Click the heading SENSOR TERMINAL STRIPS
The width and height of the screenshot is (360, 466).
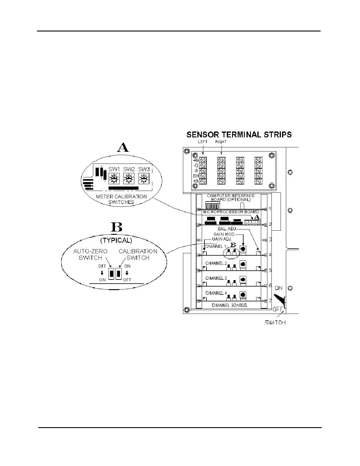click(x=239, y=135)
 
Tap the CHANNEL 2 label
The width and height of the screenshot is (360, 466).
click(x=216, y=263)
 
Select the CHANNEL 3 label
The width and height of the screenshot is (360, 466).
click(x=216, y=278)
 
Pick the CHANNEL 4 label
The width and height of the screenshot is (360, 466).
click(x=216, y=293)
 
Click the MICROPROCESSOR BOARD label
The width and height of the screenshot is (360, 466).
click(x=231, y=212)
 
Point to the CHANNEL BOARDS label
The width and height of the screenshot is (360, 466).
click(x=229, y=305)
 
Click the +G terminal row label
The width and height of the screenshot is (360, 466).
click(x=196, y=160)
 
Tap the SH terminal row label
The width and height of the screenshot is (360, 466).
click(x=196, y=176)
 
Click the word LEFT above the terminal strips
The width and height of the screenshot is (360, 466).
click(x=203, y=142)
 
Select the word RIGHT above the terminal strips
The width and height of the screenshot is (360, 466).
click(x=221, y=142)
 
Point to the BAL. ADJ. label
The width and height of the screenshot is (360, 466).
click(x=227, y=229)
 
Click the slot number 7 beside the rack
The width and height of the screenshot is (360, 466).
click(x=270, y=301)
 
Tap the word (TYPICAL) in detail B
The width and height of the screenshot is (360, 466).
click(x=116, y=240)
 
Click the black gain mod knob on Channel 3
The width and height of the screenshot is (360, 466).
click(x=243, y=279)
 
